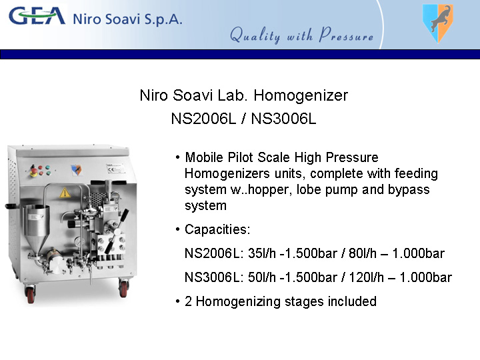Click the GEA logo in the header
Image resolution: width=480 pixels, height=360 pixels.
click(x=37, y=16)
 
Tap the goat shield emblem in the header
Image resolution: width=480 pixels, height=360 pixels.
click(x=438, y=23)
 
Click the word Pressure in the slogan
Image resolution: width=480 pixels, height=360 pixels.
click(x=346, y=35)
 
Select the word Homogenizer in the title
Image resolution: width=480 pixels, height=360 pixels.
click(x=301, y=96)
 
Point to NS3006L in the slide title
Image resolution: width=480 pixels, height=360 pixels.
click(x=283, y=119)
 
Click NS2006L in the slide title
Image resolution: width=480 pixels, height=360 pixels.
click(x=203, y=119)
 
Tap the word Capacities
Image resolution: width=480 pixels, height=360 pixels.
click(x=217, y=229)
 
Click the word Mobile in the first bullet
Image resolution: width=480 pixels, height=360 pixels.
click(x=204, y=157)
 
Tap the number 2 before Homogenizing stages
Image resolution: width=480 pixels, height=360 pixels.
click(x=188, y=301)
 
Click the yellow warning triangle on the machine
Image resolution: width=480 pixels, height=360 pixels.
click(x=65, y=193)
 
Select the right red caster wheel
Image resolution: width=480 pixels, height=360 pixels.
click(x=123, y=288)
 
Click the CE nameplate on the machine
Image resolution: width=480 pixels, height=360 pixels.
click(x=115, y=169)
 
